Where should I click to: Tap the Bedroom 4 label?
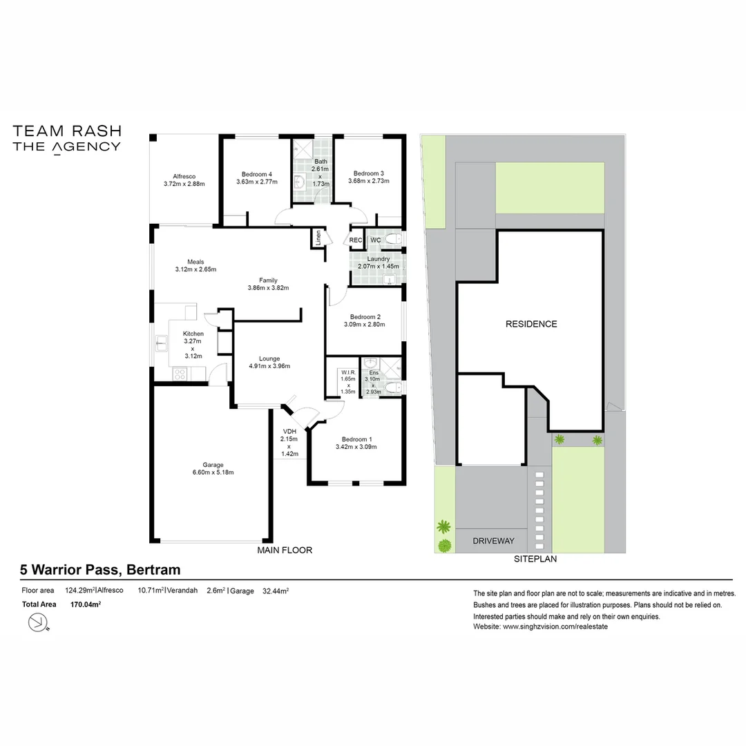click(x=256, y=174)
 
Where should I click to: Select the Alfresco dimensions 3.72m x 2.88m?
click(x=184, y=184)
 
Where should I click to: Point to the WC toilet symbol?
click(x=393, y=240)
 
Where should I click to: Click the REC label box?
click(x=356, y=240)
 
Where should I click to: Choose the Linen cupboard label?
click(x=318, y=238)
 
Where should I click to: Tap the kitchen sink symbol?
click(x=162, y=342)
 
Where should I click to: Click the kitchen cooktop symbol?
click(x=180, y=374)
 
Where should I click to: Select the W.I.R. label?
click(x=347, y=372)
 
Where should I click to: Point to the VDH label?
click(x=289, y=432)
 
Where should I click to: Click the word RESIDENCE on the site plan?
click(x=530, y=324)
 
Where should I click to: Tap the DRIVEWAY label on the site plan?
click(x=493, y=541)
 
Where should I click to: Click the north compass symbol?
click(x=36, y=623)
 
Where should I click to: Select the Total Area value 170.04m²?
click(x=86, y=604)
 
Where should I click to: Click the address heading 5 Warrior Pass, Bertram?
click(x=100, y=570)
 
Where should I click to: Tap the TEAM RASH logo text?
click(x=67, y=131)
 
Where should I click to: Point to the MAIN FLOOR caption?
click(x=285, y=551)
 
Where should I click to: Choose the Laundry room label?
click(x=378, y=259)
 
